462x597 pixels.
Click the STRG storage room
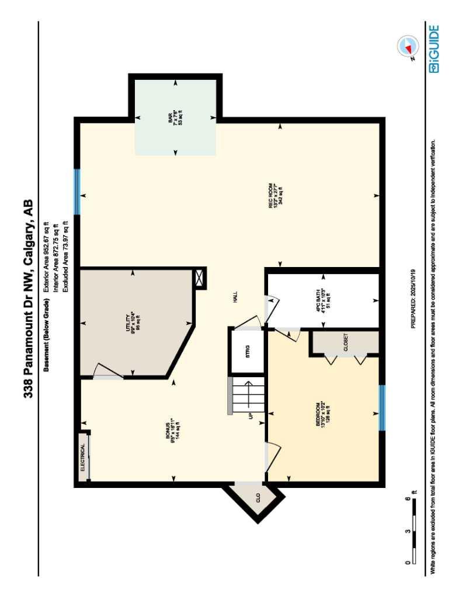[247, 351]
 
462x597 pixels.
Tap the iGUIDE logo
[435, 49]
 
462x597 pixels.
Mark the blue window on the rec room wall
[77, 191]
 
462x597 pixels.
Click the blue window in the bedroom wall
[382, 408]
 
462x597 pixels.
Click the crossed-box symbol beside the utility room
[200, 278]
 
